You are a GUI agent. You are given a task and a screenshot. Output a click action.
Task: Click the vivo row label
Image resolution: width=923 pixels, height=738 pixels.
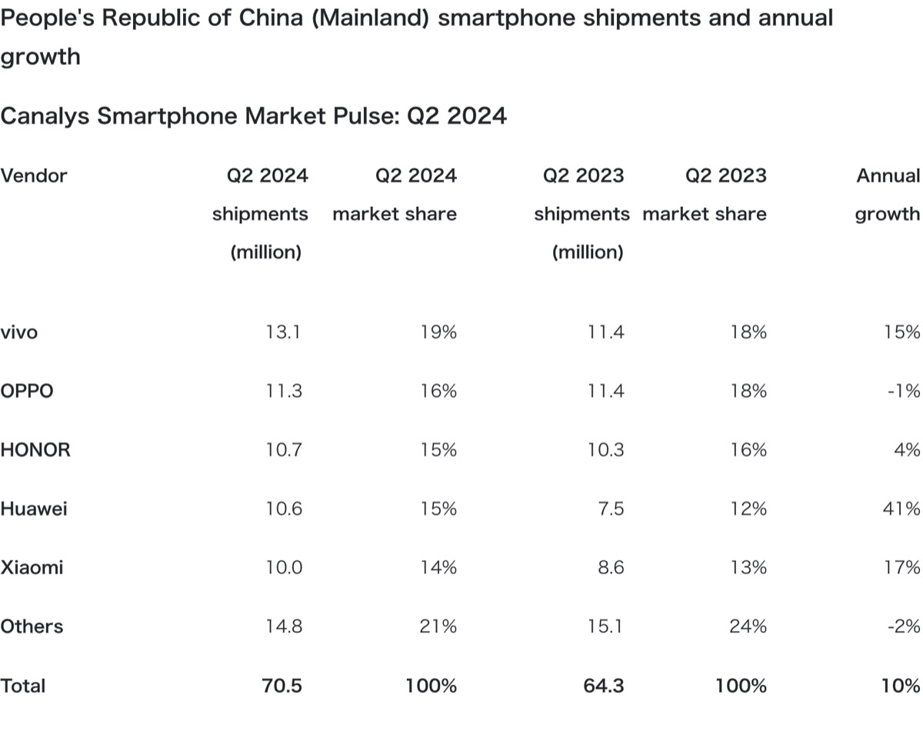pyautogui.click(x=19, y=332)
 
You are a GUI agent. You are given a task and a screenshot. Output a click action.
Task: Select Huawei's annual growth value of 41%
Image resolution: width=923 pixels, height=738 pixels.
pyautogui.click(x=901, y=509)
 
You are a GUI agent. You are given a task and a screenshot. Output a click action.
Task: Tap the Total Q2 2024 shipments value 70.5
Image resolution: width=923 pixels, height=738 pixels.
pyautogui.click(x=282, y=686)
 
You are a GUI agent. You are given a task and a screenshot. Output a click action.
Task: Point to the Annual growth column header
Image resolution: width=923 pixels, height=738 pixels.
pyautogui.click(x=888, y=195)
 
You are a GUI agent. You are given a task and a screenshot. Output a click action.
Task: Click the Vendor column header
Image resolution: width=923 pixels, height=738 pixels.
pyautogui.click(x=34, y=175)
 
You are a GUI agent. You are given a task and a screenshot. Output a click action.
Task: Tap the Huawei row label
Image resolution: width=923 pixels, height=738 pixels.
pyautogui.click(x=34, y=509)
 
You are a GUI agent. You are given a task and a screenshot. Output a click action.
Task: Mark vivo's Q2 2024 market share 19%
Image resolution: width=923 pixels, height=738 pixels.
pyautogui.click(x=438, y=332)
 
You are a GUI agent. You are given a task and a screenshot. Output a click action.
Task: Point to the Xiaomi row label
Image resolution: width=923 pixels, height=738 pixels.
pyautogui.click(x=32, y=568)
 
